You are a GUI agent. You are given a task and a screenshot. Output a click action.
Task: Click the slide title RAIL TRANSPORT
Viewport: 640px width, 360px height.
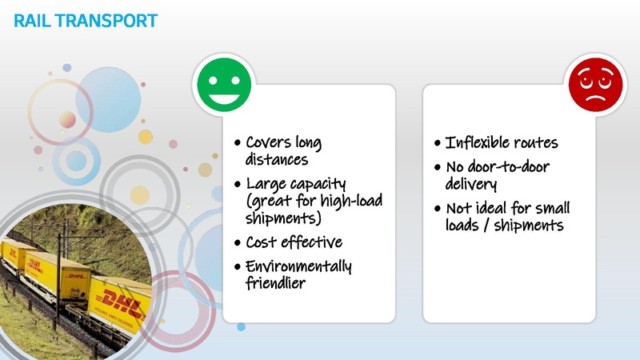[x=86, y=21]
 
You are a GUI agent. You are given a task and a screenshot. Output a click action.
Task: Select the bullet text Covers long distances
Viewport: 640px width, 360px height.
[x=283, y=151]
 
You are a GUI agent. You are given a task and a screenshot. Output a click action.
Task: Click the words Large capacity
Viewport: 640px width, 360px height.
[x=295, y=184]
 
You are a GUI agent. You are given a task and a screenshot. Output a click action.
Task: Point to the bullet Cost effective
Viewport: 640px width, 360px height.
[x=294, y=242]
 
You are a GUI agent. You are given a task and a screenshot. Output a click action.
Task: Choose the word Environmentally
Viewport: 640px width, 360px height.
[x=298, y=266]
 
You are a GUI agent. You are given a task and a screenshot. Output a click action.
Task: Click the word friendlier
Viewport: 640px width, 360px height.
[x=275, y=282]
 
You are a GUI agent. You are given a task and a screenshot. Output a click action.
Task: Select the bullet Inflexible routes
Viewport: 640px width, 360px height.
[x=501, y=143]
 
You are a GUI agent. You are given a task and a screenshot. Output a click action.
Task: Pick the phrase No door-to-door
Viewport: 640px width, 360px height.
[x=497, y=167]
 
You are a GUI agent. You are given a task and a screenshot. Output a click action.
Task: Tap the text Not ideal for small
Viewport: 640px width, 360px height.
[x=507, y=209]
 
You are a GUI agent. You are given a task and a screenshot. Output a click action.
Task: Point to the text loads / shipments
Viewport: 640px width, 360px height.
[x=504, y=226]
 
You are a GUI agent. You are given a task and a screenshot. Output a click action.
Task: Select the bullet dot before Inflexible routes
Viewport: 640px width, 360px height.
[x=437, y=144]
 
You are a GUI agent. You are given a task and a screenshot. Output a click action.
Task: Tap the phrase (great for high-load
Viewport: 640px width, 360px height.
[x=314, y=201]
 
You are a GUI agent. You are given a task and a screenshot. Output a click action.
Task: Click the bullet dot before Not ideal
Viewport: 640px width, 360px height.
[x=437, y=210]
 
